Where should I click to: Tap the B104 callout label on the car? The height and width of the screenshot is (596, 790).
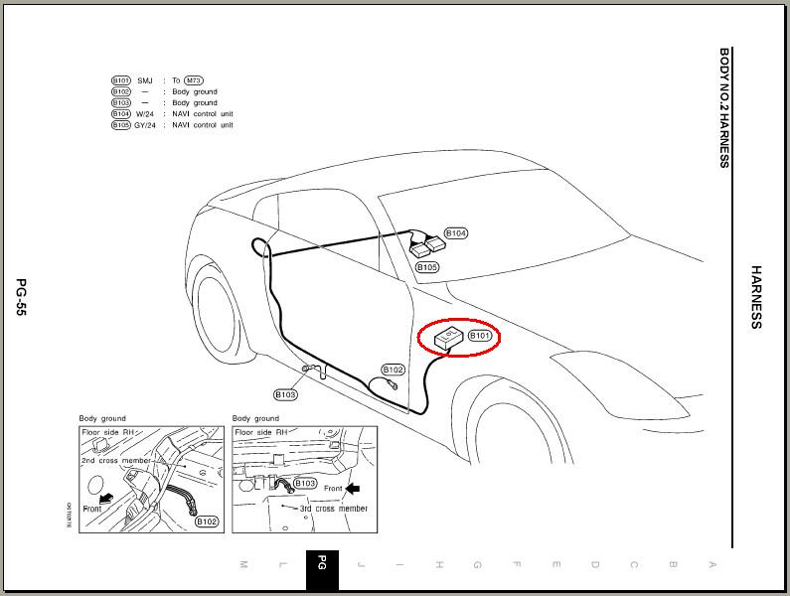[x=456, y=233]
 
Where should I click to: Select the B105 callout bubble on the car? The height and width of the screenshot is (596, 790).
[x=427, y=267]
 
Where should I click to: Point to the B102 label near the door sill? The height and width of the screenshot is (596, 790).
[x=394, y=370]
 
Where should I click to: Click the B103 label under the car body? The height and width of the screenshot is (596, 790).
[x=286, y=394]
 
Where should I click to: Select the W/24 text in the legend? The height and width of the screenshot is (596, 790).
[x=146, y=114]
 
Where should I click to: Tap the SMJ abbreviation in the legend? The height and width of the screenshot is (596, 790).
[x=145, y=80]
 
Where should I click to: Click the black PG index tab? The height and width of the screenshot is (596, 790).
[x=322, y=565]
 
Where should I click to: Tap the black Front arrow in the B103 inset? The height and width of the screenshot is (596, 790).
[x=353, y=488]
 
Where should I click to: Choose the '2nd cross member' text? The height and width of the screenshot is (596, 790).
[x=118, y=462]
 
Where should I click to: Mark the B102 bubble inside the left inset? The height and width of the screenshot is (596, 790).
[x=207, y=521]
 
